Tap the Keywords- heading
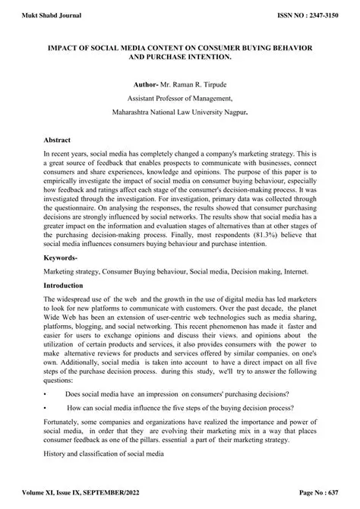pos(65,259)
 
